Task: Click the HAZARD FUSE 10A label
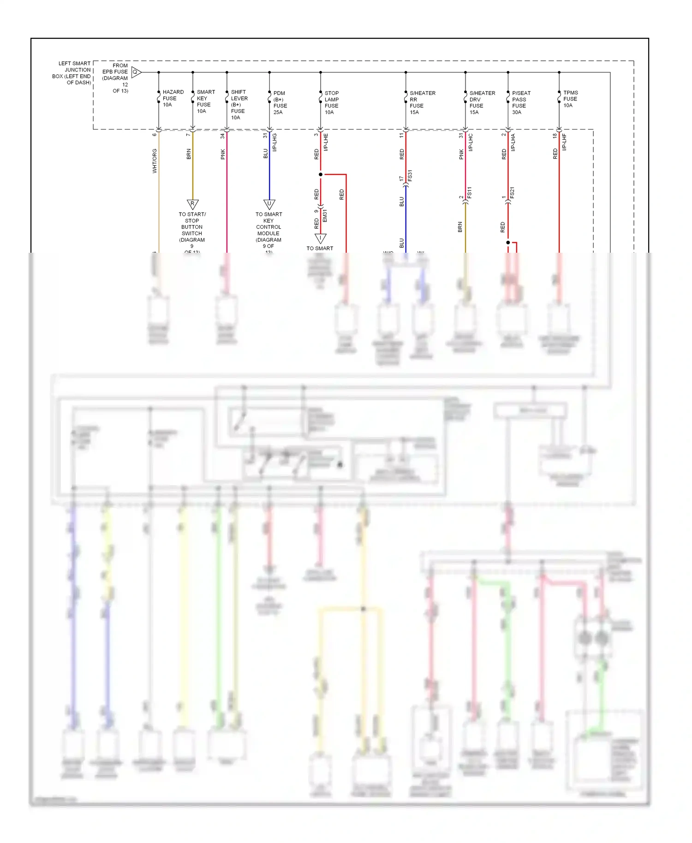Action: click(x=173, y=98)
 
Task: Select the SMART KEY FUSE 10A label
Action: click(x=205, y=101)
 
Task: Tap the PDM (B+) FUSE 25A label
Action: click(x=280, y=102)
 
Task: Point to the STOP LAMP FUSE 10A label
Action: click(x=331, y=102)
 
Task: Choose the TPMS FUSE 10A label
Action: click(x=570, y=99)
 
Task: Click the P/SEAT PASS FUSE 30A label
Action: click(x=521, y=102)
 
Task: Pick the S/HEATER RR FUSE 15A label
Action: click(x=422, y=102)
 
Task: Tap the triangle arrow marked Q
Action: click(x=136, y=72)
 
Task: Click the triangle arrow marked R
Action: click(x=192, y=204)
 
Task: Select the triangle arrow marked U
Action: click(x=269, y=204)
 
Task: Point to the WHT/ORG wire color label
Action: click(x=155, y=161)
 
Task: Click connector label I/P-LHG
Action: click(x=274, y=142)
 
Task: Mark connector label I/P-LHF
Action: click(x=564, y=142)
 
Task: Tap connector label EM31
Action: click(x=325, y=215)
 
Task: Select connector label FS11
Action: click(x=470, y=192)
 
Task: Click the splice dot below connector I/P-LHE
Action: click(x=321, y=174)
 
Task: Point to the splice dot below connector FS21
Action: click(x=508, y=242)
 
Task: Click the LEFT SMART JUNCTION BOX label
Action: click(x=72, y=73)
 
